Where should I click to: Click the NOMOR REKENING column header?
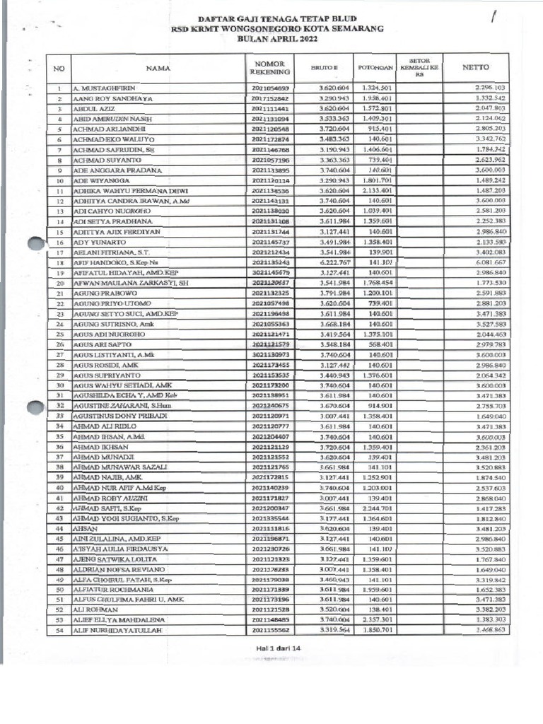(x=270, y=68)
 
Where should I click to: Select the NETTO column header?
(x=475, y=68)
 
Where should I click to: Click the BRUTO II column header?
(x=326, y=69)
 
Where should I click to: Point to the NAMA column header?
(x=159, y=69)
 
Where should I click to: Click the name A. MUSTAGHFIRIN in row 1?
(x=104, y=89)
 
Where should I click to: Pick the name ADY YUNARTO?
(x=95, y=243)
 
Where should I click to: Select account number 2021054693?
(x=269, y=89)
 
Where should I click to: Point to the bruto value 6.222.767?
(x=329, y=263)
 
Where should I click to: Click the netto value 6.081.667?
(x=490, y=263)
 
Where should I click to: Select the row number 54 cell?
(x=59, y=630)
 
